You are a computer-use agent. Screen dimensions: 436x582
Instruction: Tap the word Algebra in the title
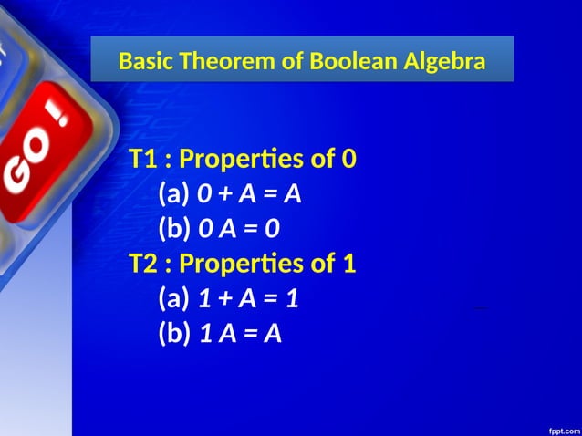(440, 62)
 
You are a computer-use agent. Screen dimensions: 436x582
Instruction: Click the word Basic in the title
(148, 62)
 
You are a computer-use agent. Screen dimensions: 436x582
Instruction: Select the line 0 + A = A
(249, 194)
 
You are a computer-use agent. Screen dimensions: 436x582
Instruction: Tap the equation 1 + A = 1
(249, 298)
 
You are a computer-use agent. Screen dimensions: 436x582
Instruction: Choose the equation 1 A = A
(240, 334)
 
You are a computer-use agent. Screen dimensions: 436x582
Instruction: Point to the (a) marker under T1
(174, 194)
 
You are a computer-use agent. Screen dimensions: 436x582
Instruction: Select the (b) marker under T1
(175, 229)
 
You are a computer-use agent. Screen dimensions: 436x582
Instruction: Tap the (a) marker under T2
(174, 298)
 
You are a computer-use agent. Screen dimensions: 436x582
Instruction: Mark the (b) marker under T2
(175, 334)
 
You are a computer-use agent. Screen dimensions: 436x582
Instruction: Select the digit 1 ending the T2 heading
(348, 264)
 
